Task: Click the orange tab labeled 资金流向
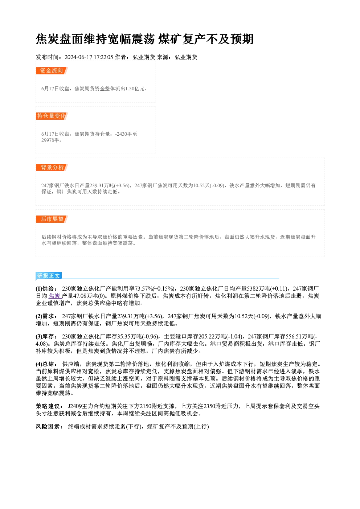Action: [52, 71]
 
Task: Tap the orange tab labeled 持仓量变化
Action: [52, 116]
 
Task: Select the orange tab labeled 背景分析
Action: [52, 168]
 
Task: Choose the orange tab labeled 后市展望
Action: [52, 219]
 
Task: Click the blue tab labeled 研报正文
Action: [49, 275]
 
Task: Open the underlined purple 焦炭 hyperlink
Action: [54, 296]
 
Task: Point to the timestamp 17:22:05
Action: [103, 57]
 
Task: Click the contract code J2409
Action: [75, 406]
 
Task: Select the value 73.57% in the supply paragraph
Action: [144, 289]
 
